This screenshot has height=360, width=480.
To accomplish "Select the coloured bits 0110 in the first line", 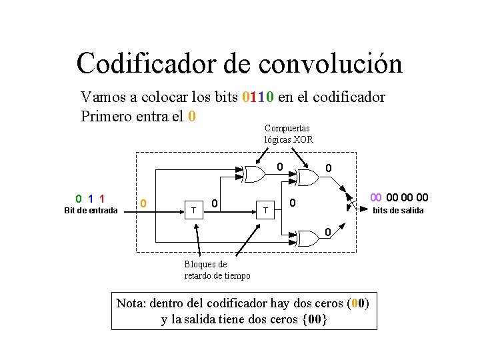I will (x=257, y=98).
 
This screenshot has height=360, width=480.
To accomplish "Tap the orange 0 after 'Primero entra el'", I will (x=191, y=116).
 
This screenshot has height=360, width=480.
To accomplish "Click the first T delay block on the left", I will (x=193, y=211).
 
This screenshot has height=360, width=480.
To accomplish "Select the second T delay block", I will (x=265, y=211).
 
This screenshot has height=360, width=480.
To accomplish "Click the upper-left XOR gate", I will (x=253, y=175).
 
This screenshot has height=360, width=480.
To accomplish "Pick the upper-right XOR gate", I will (x=307, y=177).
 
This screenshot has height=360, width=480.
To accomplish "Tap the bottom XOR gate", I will (x=308, y=239).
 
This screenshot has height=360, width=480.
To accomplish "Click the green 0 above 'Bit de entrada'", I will (x=79, y=198).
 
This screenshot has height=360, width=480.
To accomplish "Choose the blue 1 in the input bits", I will (x=90, y=198).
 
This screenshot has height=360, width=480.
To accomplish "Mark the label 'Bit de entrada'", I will (x=91, y=211).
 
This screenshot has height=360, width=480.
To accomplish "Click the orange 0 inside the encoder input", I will (x=144, y=203).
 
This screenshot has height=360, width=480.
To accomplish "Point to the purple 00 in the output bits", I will (x=376, y=197).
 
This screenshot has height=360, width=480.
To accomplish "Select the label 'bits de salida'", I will (x=397, y=211).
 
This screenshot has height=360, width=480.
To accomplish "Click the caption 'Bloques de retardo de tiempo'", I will (x=217, y=270).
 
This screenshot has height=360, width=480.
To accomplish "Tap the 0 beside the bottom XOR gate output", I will (x=327, y=232).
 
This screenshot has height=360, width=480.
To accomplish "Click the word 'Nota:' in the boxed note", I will (x=131, y=303).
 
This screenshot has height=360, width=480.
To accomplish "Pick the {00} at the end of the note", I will (x=315, y=319).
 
